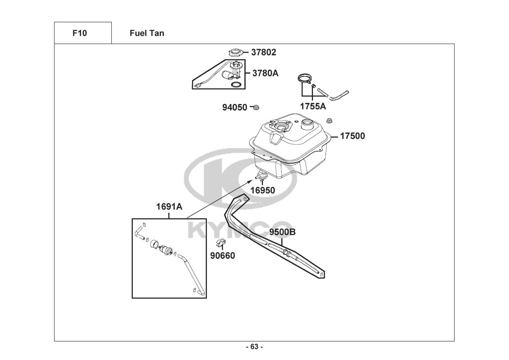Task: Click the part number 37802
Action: point(263,53)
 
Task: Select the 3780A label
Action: point(265,73)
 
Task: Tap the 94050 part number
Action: point(234,107)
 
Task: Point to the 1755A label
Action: point(313,106)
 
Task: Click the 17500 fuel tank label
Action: point(353,136)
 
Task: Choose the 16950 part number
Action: point(263,190)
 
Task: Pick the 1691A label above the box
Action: point(169,207)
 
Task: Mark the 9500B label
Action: point(282,232)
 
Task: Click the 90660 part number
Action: point(223,256)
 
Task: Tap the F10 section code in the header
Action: point(79,33)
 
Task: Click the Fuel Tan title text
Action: point(147,33)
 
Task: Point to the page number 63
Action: point(254,347)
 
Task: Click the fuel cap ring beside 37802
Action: point(236,53)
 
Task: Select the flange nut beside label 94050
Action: point(256,107)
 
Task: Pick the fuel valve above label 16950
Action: point(262,176)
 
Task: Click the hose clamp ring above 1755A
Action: point(304,78)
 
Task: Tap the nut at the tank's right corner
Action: point(328,120)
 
